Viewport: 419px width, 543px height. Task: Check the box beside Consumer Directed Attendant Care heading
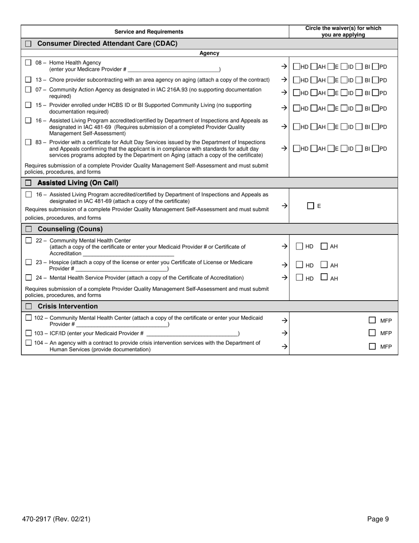[x=29, y=44]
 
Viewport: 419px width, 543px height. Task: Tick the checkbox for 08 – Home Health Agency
[x=28, y=63]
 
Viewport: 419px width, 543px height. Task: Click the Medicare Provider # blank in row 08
[x=173, y=69]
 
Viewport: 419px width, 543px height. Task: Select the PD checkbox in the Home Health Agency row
[x=375, y=67]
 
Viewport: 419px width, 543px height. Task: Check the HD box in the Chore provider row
[x=296, y=80]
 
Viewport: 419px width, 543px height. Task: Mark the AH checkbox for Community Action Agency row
[x=314, y=93]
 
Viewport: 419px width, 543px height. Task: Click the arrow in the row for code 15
[x=284, y=108]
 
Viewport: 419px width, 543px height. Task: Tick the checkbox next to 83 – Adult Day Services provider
[x=28, y=142]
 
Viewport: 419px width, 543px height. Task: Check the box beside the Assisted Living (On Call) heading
[x=29, y=183]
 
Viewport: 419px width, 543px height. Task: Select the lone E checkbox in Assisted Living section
[x=311, y=206]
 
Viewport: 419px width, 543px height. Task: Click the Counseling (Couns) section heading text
[x=70, y=229]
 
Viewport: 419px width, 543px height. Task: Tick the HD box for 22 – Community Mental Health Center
[x=299, y=246]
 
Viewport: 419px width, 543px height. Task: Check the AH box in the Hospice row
[x=324, y=265]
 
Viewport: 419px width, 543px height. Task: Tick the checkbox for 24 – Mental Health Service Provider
[x=29, y=278]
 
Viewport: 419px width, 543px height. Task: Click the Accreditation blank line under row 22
[x=128, y=253]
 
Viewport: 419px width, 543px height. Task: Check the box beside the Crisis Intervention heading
[x=29, y=306]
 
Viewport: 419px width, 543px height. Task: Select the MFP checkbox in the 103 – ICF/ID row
[x=372, y=333]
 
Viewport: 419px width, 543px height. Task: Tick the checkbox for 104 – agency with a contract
[x=29, y=343]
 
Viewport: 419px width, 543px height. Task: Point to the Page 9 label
[x=378, y=519]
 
